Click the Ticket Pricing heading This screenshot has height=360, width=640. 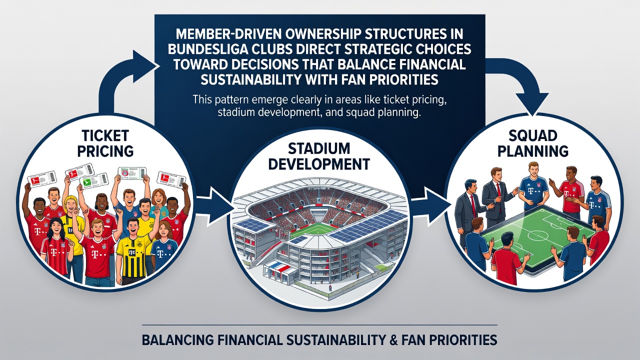pyautogui.click(x=105, y=143)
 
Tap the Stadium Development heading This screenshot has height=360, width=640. pyautogui.click(x=318, y=156)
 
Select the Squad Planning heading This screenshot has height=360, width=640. pyautogui.click(x=533, y=143)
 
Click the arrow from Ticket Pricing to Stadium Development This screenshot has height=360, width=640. pyautogui.click(x=215, y=205)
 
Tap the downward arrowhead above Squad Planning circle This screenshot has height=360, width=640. pyautogui.click(x=533, y=103)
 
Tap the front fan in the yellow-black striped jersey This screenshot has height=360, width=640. pyautogui.click(x=132, y=252)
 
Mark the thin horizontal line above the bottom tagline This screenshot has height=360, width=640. pyautogui.click(x=319, y=325)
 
